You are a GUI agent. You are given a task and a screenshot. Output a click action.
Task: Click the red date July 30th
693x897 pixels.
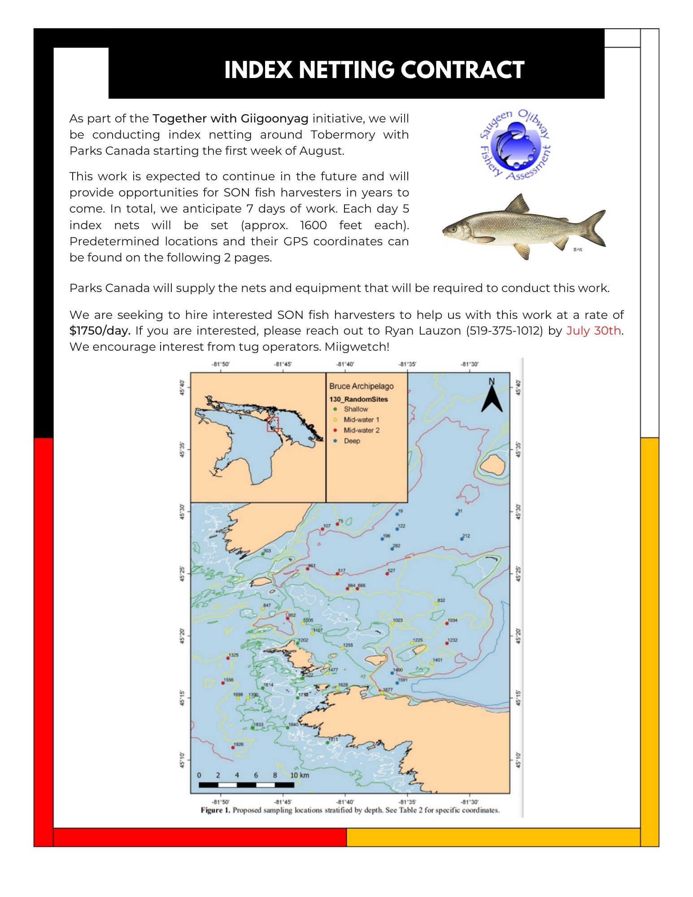click(593, 331)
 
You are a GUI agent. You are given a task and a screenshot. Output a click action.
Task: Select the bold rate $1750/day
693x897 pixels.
click(100, 331)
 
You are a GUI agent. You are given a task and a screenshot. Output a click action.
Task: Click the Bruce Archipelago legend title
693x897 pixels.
click(361, 386)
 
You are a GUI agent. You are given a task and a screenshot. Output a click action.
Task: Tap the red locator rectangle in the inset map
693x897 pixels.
click(273, 424)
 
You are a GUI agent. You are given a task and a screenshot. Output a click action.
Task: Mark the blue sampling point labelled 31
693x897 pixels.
click(457, 514)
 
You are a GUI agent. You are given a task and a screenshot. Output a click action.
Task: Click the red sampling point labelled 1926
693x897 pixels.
click(233, 748)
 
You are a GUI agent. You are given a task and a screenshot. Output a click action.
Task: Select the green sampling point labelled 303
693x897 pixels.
click(263, 554)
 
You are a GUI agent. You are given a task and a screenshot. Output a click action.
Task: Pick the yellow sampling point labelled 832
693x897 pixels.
click(436, 604)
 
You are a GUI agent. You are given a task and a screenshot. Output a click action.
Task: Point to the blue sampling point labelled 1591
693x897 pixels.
click(397, 683)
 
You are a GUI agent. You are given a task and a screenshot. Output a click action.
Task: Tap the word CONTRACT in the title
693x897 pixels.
click(462, 70)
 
